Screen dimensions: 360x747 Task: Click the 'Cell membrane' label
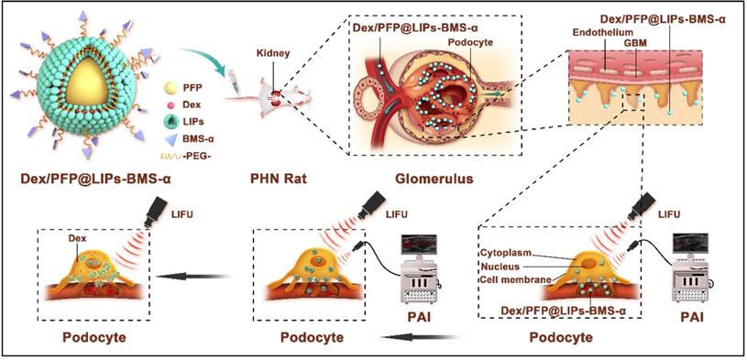[x=519, y=278]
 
